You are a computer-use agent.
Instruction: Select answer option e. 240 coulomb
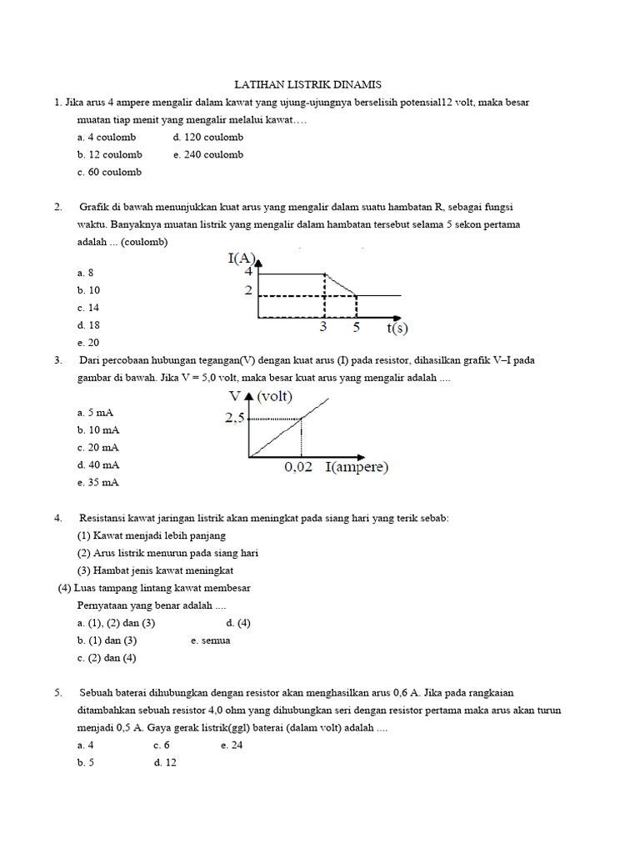click(x=208, y=154)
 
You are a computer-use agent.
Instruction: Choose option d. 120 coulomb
click(x=207, y=137)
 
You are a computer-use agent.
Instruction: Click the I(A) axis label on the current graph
click(x=242, y=258)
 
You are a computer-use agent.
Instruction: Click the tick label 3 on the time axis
click(x=323, y=328)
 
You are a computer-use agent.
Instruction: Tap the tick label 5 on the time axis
click(x=356, y=328)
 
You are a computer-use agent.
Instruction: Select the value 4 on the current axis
click(x=248, y=271)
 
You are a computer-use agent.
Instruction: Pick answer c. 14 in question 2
click(x=88, y=308)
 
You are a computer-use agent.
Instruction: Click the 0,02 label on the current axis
click(x=298, y=468)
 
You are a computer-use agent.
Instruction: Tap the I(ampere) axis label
click(x=357, y=468)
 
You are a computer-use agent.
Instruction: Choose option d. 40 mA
click(x=98, y=465)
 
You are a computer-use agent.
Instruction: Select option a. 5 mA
click(x=95, y=412)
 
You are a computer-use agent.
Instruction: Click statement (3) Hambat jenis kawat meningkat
click(x=155, y=570)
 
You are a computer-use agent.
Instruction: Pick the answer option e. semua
click(x=210, y=640)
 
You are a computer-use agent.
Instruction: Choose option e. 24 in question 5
click(x=232, y=745)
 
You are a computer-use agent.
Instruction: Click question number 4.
click(x=58, y=518)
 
